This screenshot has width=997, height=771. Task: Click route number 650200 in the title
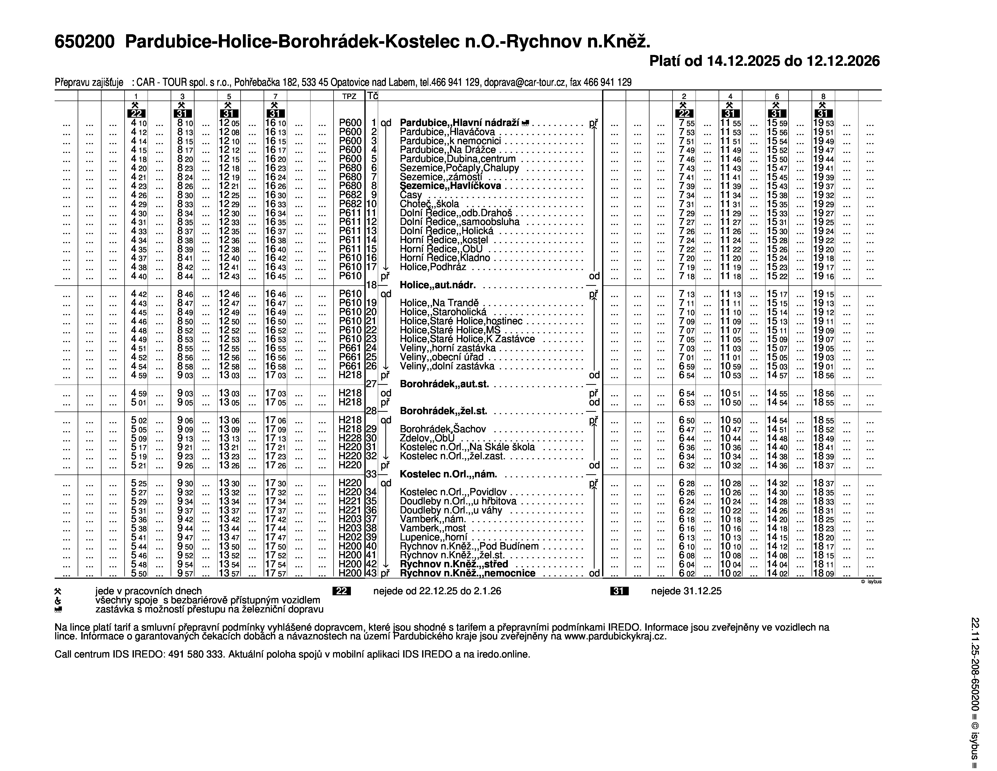coord(84,42)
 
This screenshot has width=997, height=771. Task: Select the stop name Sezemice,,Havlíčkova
coord(450,186)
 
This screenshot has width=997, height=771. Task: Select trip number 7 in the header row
coord(275,96)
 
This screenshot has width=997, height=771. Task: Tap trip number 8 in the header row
coord(823,96)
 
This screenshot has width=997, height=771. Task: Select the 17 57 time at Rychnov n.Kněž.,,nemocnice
coord(275,573)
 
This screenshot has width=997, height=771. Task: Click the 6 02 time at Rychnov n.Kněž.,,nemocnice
coord(687,573)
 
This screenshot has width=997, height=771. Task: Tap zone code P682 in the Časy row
coord(350,195)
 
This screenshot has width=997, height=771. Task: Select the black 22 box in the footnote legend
coord(342,591)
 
